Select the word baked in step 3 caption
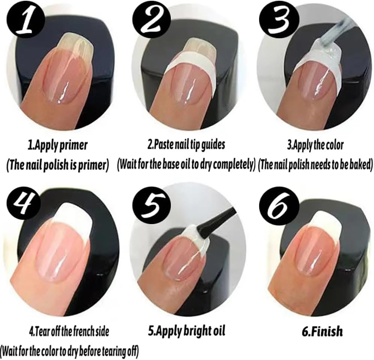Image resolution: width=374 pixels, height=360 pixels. point(357,164)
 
